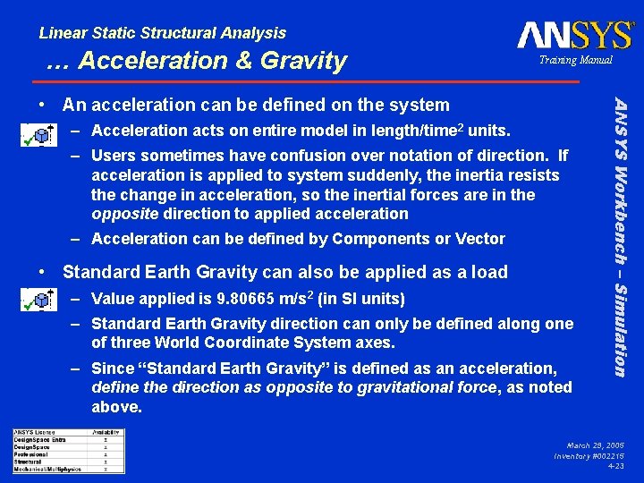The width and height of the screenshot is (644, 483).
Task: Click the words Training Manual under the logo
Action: pos(574,60)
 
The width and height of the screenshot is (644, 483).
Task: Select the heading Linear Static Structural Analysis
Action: pos(163,33)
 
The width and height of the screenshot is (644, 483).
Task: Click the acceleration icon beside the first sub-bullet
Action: pos(36,135)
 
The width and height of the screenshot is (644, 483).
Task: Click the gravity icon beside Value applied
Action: pos(36,301)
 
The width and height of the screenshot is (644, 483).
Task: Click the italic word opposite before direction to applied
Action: pos(124,214)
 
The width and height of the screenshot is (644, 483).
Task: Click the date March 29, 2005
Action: pos(596,445)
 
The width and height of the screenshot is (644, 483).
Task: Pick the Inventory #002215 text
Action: pos(589,455)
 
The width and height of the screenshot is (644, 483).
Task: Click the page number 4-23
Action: pos(615,466)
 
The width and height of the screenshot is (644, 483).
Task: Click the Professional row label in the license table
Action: pos(31,454)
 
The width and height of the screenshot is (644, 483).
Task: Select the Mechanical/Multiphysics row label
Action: pos(47,469)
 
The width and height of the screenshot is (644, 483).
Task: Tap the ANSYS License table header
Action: pos(37,433)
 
